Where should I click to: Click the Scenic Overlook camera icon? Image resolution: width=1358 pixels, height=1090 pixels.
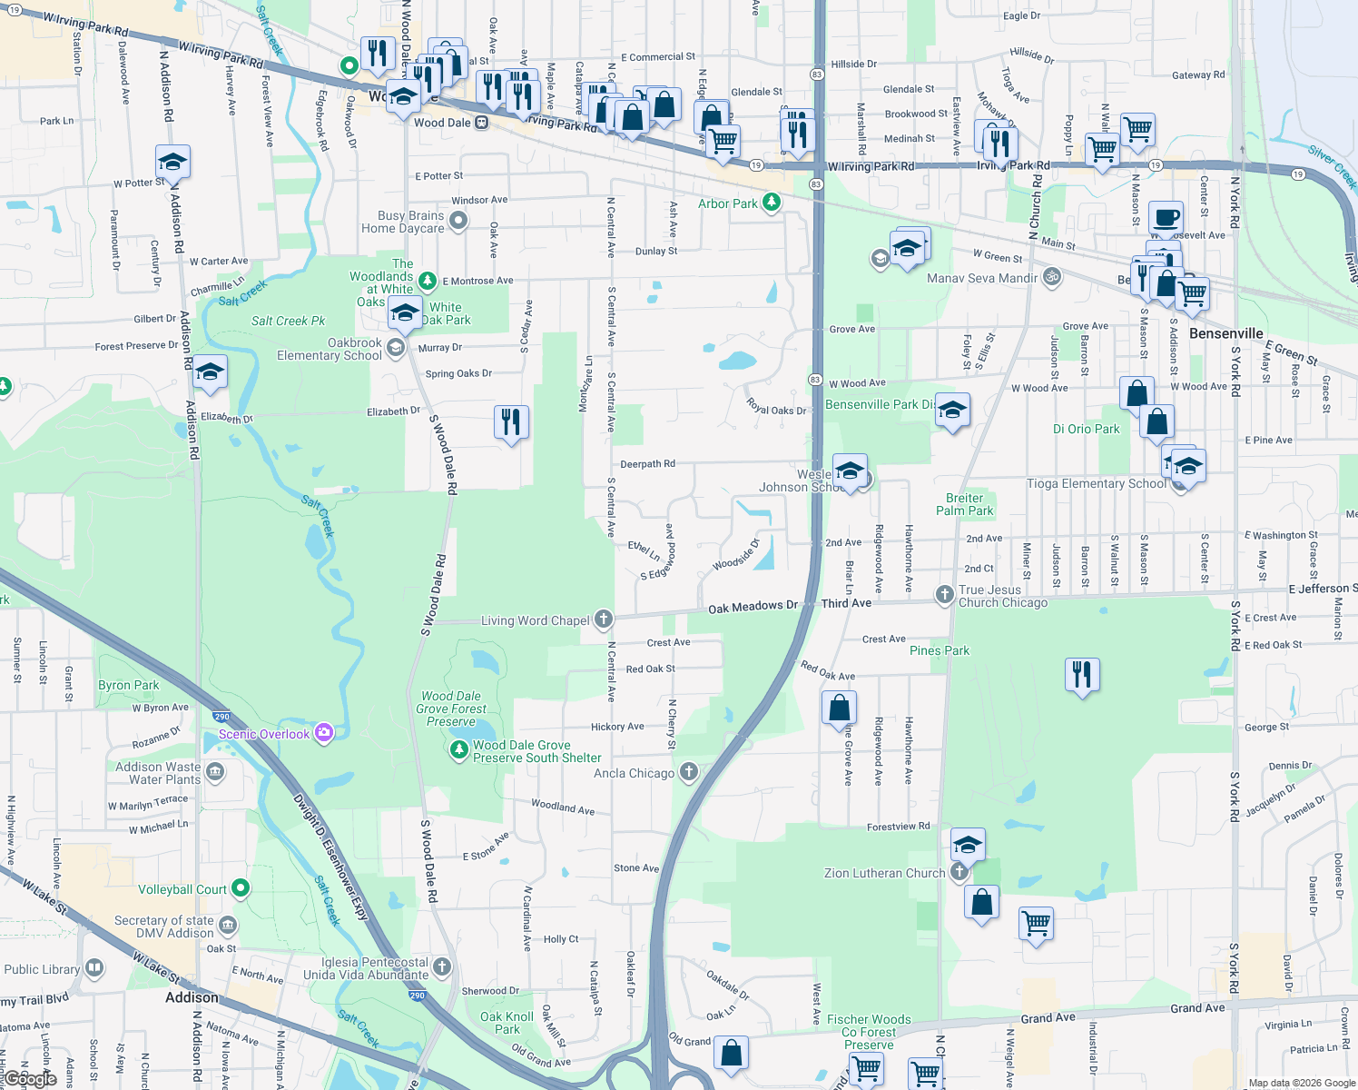[x=324, y=733]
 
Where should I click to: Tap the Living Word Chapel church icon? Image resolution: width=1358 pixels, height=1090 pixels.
[x=604, y=620]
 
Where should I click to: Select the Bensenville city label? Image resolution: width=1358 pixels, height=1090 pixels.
[x=1225, y=333]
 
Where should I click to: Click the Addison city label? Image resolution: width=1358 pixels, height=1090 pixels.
[x=192, y=996]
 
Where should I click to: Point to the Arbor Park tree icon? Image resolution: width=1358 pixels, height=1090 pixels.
[x=772, y=203]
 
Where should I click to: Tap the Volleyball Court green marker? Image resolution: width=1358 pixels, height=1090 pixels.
[x=240, y=888]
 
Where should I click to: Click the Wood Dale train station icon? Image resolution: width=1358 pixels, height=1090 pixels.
[x=482, y=123]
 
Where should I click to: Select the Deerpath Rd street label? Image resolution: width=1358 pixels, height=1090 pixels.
[x=647, y=464]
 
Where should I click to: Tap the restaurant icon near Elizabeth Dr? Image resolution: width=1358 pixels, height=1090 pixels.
[x=511, y=421]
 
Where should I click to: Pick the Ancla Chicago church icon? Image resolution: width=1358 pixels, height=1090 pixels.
[x=689, y=773]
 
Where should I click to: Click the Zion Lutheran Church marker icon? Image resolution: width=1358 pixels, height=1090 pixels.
[x=959, y=872]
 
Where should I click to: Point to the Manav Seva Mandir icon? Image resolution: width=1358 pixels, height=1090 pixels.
[x=1052, y=277]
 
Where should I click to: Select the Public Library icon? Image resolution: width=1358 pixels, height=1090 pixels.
[x=94, y=968]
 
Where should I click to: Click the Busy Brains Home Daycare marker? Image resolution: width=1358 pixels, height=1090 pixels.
[x=458, y=221]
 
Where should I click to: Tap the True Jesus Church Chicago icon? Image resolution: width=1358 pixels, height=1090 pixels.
[x=945, y=595]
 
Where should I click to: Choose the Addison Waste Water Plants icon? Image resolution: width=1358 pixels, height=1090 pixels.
[x=215, y=772]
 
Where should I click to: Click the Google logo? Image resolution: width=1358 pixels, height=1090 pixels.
[x=30, y=1079]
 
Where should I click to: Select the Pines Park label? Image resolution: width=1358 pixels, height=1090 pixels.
[x=940, y=650]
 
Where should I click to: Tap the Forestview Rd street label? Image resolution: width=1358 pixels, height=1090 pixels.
[x=898, y=827]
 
